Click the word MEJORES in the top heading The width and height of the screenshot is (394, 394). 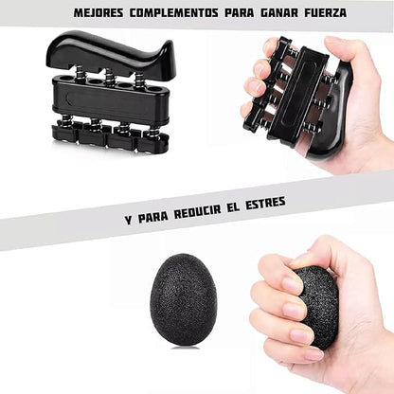coord(98,13)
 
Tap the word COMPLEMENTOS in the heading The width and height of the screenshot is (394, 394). coord(174,13)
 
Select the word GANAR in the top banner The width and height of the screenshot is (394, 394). coord(279,13)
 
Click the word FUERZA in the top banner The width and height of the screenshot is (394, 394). coord(326,13)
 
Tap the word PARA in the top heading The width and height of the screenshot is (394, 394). coord(240,13)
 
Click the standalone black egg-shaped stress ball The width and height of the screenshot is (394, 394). coord(184,300)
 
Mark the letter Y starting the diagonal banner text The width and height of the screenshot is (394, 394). coord(129,220)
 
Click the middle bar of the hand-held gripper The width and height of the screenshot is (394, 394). coord(294,95)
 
